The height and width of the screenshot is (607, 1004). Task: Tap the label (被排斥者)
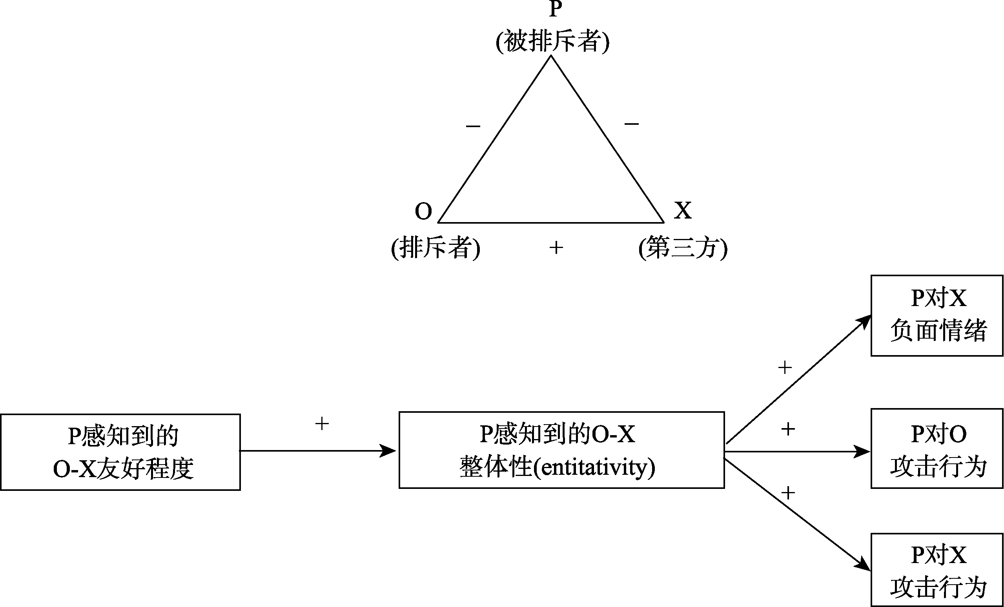click(x=552, y=42)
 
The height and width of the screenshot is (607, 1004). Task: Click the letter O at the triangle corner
click(x=423, y=211)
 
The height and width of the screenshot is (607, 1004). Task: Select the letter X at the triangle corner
click(x=683, y=211)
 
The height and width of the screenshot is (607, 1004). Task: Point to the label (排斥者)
click(x=435, y=247)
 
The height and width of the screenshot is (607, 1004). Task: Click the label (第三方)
click(x=683, y=247)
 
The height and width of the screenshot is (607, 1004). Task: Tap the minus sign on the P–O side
click(x=473, y=126)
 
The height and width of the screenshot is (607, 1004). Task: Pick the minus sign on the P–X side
click(x=632, y=124)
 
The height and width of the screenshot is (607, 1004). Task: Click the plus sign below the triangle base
click(x=556, y=247)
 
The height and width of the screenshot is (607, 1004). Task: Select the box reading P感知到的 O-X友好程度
click(x=120, y=452)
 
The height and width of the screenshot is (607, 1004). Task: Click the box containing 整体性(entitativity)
click(x=561, y=450)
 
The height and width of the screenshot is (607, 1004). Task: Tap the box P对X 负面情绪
click(x=937, y=316)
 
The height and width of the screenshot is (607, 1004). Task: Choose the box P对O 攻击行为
click(x=937, y=448)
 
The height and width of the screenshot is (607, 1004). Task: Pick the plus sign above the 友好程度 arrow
click(x=322, y=424)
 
